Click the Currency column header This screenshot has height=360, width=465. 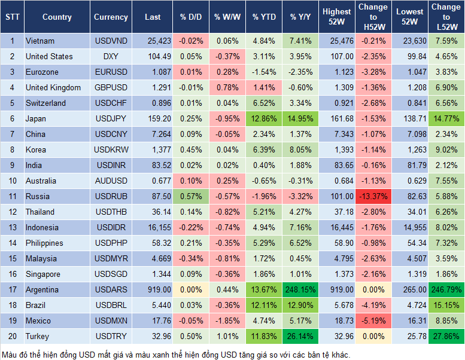[111, 17]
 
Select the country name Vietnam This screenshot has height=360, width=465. [40, 41]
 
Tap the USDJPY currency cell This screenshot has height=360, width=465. [111, 119]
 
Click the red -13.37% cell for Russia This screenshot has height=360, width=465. [372, 197]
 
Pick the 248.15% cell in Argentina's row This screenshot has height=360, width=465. [301, 290]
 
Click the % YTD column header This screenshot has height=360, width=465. [264, 17]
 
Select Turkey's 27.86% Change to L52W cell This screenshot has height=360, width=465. [446, 337]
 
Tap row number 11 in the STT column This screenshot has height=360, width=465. [11, 197]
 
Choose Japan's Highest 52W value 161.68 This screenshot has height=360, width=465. [336, 119]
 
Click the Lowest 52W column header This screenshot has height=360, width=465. [410, 17]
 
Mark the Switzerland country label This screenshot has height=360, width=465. [45, 103]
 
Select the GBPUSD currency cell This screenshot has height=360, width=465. [111, 88]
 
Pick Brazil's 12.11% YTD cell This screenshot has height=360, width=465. [264, 306]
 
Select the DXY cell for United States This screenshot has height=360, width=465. [111, 57]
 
